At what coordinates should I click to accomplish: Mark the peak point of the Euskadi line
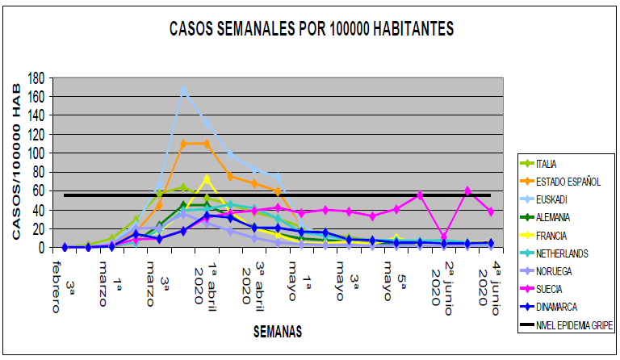point(183,90)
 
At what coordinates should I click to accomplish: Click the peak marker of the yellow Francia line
point(207,178)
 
